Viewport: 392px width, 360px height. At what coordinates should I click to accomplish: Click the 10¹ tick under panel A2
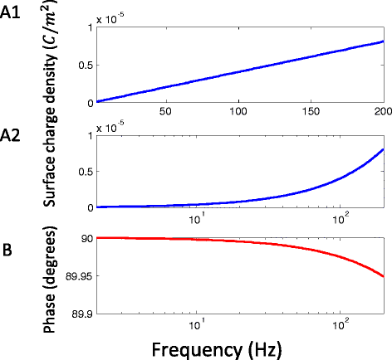pyautogui.click(x=198, y=218)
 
